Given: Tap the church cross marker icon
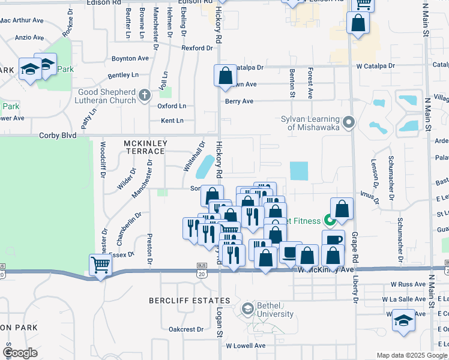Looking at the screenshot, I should click(144, 95).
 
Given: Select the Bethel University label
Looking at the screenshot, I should click(275, 310).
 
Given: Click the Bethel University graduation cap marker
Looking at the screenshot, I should click(247, 309).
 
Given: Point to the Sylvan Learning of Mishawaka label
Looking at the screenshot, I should click(310, 123).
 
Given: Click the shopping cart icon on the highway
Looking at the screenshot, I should click(100, 264).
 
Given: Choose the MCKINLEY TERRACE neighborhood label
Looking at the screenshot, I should click(144, 147).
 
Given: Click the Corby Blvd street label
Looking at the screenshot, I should click(58, 136).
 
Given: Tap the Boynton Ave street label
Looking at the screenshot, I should click(130, 59).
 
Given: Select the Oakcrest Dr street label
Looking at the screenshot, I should click(186, 329).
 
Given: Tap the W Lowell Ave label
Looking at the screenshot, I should click(246, 346).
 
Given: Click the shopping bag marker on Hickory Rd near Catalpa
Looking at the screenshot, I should click(225, 76).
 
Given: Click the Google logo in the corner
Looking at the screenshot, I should click(20, 353).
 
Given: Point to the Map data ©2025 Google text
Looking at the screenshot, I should click(412, 355).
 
